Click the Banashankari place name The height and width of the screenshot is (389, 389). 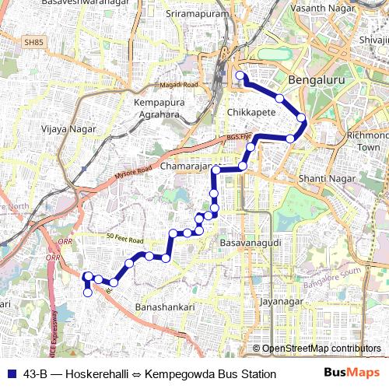coord(165,307)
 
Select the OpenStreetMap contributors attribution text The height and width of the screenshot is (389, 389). coord(321,349)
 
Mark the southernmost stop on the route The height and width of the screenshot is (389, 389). coord(87,293)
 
